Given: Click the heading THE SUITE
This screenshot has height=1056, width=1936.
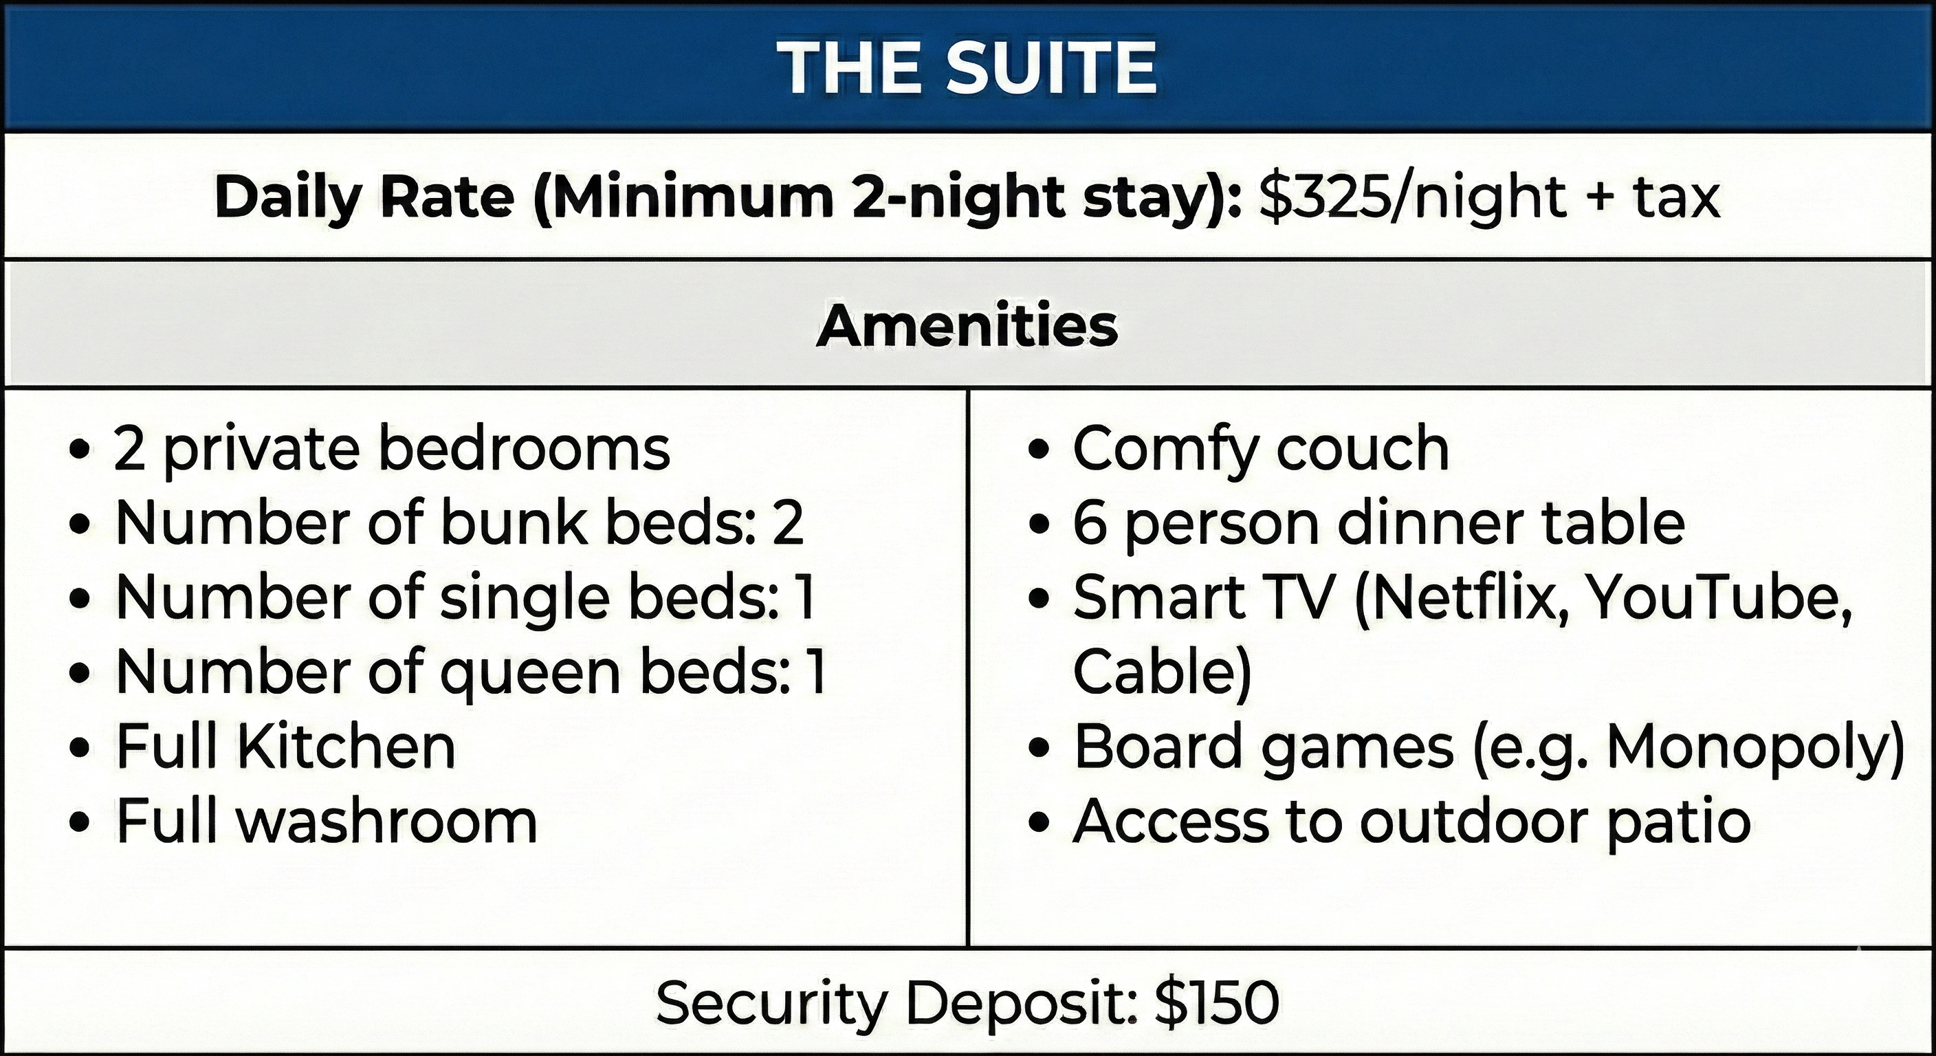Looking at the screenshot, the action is [x=967, y=67].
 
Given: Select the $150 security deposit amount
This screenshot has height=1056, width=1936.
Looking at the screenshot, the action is [x=1217, y=1002].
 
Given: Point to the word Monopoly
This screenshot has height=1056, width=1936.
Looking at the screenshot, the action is [x=1756, y=749].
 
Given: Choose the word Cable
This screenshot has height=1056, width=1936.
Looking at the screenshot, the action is [x=1162, y=672].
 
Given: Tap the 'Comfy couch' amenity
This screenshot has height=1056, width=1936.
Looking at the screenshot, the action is [x=1261, y=450].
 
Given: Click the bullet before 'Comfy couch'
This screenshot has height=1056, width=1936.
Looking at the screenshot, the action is [x=1038, y=450].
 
